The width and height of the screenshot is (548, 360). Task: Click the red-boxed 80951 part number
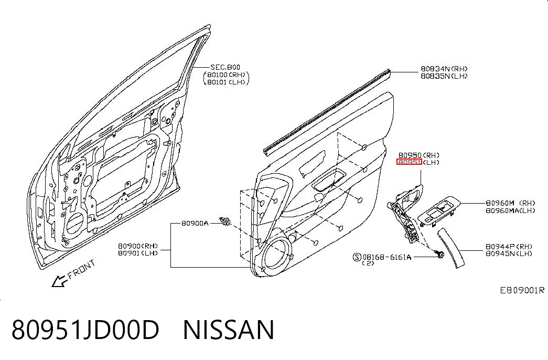tap(409, 162)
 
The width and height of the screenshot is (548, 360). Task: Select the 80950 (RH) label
tap(419, 155)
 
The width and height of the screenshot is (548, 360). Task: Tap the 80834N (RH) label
tap(444, 69)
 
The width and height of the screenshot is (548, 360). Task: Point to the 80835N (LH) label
tap(444, 76)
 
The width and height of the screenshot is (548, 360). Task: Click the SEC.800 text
tap(225, 67)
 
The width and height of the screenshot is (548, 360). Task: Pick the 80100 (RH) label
tap(227, 75)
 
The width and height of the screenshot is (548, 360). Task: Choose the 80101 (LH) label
tap(227, 82)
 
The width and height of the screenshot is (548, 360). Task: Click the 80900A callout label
tap(195, 223)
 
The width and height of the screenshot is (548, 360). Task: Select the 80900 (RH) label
tap(138, 246)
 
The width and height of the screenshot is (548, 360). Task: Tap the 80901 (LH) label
tap(138, 253)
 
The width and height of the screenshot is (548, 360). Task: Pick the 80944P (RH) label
tap(509, 246)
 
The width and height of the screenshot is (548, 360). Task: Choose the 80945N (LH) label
tap(509, 253)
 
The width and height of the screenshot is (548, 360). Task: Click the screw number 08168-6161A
tap(387, 257)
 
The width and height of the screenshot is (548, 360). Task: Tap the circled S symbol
tap(357, 257)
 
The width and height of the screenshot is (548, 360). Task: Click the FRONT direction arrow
tap(59, 281)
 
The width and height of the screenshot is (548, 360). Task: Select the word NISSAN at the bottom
tap(229, 330)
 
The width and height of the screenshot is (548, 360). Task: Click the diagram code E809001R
tap(522, 290)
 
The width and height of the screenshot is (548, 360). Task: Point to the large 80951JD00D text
tap(85, 330)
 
